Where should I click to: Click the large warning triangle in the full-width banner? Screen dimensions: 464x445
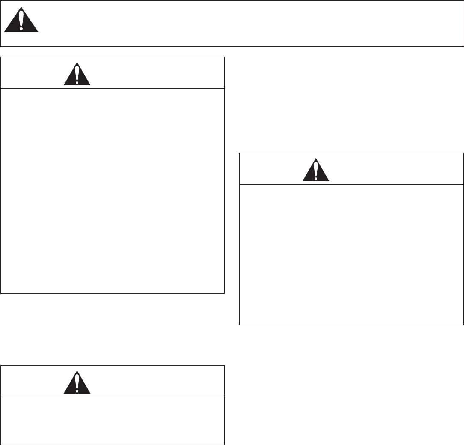21,23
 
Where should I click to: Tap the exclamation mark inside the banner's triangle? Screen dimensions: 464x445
21,21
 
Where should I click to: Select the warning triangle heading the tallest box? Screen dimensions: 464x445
77,75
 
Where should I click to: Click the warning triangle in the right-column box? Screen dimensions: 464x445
316,171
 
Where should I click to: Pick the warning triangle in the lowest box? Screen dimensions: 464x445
77,384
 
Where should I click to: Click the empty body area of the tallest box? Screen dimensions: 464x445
113,191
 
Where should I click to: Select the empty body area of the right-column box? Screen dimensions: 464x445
351,254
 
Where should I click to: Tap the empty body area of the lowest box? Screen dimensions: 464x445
113,420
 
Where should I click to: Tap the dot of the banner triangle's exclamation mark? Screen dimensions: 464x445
21,29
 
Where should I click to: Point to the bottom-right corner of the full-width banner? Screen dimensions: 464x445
464,46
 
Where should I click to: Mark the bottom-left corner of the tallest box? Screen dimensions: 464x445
1,293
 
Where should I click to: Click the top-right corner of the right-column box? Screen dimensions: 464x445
463,153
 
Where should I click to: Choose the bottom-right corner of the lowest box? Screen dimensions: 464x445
224,444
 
